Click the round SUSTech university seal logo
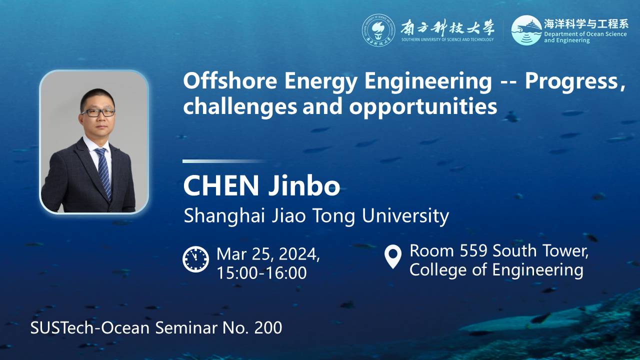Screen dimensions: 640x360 378,30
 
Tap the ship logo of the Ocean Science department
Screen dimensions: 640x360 526,30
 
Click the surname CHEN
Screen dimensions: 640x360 221,185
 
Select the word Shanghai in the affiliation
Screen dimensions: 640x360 224,216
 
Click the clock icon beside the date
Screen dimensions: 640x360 195,259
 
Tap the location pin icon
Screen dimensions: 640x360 393,256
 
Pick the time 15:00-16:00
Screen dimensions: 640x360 261,272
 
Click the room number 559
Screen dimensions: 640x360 473,251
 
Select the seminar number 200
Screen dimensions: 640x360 268,327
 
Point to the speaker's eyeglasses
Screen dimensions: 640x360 98,112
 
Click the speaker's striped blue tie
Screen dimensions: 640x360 103,172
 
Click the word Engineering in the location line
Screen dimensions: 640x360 537,270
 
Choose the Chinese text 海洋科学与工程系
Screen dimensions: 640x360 586,24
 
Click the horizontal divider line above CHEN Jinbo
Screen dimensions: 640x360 225,161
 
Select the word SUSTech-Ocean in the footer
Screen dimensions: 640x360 89,327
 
